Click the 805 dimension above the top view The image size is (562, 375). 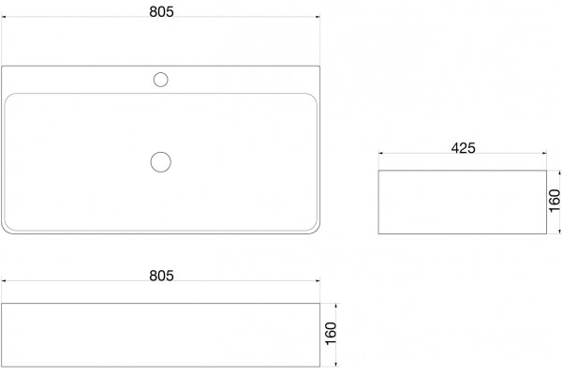click(161, 11)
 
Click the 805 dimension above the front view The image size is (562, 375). click(161, 276)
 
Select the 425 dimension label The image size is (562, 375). click(463, 148)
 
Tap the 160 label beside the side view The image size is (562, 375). click(555, 201)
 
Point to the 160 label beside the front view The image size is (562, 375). click(331, 334)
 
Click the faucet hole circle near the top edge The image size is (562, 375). click(160, 80)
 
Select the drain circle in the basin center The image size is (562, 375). click(160, 162)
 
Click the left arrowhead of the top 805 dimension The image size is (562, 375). click(4, 17)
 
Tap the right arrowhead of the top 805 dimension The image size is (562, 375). click(318, 17)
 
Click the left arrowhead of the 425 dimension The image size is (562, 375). click(380, 153)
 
